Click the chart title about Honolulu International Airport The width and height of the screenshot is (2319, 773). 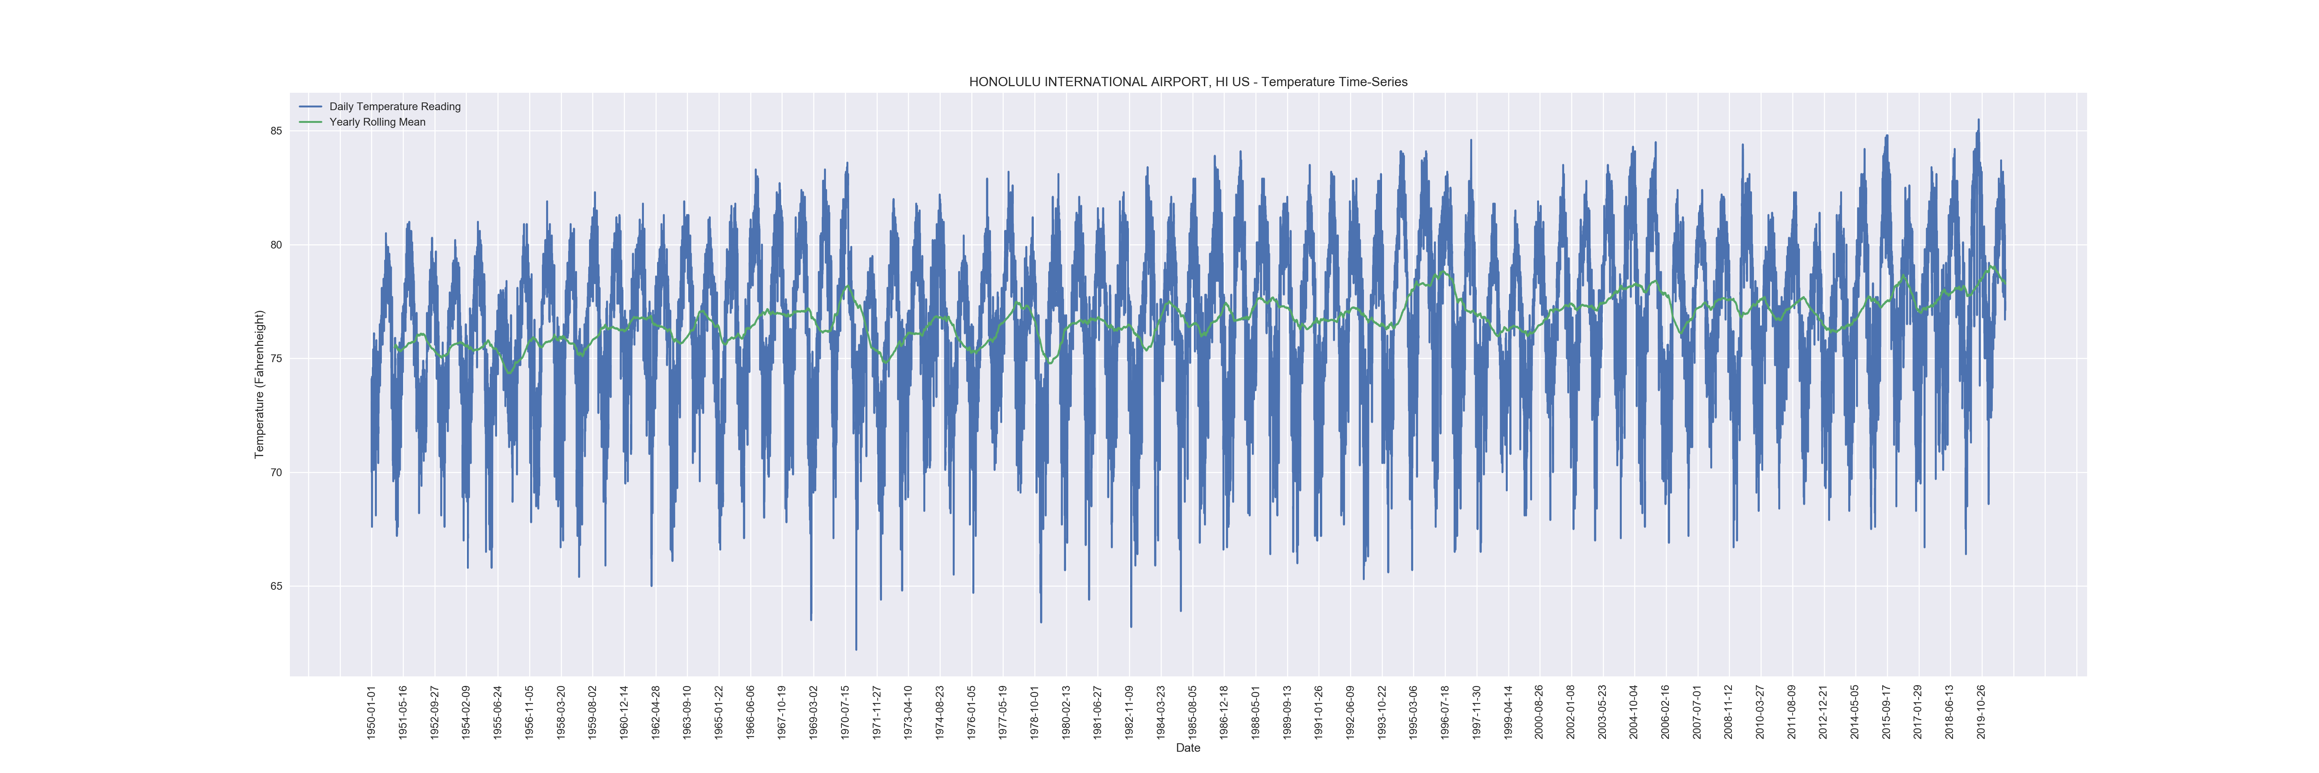click(1187, 82)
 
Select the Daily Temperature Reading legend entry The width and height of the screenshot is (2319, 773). click(394, 106)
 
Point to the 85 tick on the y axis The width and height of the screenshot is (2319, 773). click(276, 131)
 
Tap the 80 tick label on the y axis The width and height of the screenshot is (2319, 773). click(276, 245)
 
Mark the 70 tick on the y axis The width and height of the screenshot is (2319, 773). click(276, 472)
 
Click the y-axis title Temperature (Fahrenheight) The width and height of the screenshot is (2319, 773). click(259, 384)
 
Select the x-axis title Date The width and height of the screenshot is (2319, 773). click(1187, 748)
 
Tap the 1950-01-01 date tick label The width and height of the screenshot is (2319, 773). click(371, 712)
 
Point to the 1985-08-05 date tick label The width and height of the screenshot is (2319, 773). click(1192, 712)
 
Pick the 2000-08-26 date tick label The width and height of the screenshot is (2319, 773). click(1539, 712)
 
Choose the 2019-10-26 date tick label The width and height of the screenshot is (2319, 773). click(1982, 712)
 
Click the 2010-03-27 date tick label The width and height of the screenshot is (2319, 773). click(1760, 712)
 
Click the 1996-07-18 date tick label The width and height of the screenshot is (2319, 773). click(1445, 712)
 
